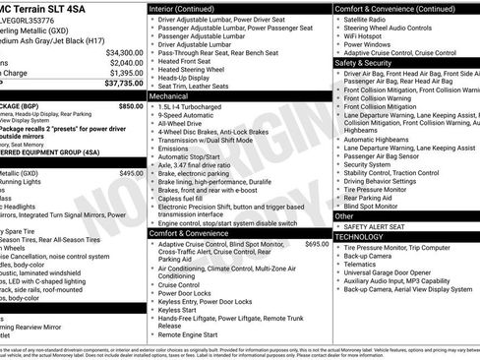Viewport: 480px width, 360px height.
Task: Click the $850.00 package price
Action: click(x=131, y=105)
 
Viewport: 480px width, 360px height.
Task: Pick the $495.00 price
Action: click(x=132, y=173)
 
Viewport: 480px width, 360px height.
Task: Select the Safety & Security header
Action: click(x=363, y=62)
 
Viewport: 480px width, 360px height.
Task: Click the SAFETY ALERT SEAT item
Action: click(x=380, y=226)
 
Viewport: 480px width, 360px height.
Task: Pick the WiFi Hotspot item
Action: click(x=366, y=35)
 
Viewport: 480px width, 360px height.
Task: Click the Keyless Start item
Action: click(x=177, y=309)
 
